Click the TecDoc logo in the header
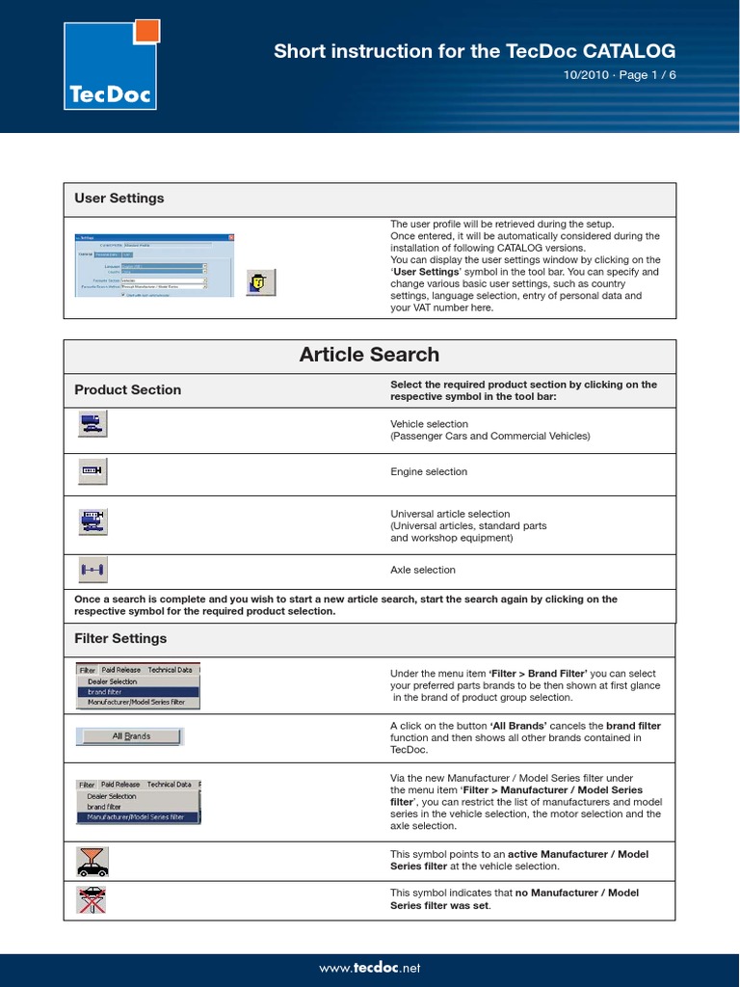[108, 67]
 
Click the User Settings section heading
[119, 199]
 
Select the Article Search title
[369, 355]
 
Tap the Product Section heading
[128, 390]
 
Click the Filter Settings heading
[120, 639]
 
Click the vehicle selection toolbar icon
[92, 424]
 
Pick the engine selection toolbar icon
[92, 471]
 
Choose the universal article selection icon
[92, 522]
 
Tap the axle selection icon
[92, 571]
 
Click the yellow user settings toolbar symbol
[260, 282]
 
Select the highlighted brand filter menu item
[138, 692]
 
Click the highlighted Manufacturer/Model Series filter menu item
[138, 817]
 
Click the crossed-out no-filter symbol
[92, 899]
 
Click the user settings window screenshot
[154, 265]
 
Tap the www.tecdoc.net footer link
[369, 968]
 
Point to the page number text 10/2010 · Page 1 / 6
[620, 76]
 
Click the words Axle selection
[423, 571]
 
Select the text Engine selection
[429, 472]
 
